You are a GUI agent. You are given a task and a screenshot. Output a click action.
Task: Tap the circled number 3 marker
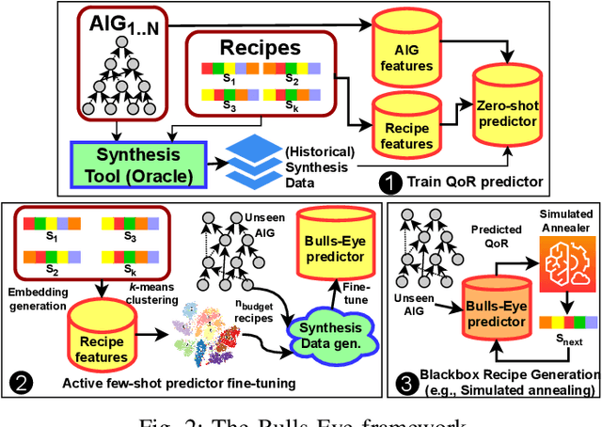point(405,383)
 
